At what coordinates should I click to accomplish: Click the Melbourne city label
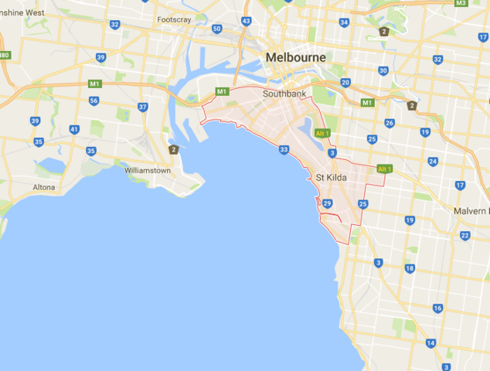[296, 58]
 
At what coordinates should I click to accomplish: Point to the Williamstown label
[148, 169]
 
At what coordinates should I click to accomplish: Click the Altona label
[43, 187]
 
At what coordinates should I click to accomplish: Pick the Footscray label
[174, 19]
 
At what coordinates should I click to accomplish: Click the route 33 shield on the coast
[284, 150]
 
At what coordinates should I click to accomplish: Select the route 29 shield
[327, 203]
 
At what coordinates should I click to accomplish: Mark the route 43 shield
[247, 21]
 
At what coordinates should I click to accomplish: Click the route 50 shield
[217, 29]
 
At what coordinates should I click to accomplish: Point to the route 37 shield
[143, 107]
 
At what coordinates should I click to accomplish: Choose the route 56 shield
[94, 100]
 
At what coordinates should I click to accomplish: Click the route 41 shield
[74, 129]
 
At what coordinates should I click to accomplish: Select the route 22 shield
[464, 236]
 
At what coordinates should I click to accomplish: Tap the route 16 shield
[437, 308]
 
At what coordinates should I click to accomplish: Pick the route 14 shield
[430, 343]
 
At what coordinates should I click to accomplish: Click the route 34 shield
[344, 22]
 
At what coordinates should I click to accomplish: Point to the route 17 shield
[460, 185]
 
